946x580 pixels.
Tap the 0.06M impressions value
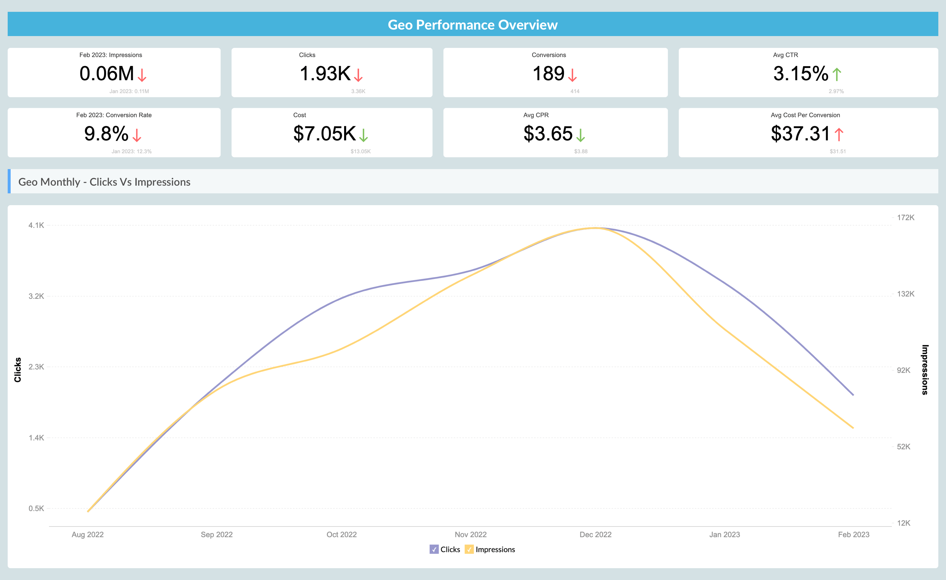[107, 73]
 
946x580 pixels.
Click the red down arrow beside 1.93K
[358, 75]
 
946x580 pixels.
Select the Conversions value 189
[548, 73]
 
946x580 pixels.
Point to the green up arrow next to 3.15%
[837, 74]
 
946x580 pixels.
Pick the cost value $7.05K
[324, 134]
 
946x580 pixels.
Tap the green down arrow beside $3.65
[581, 135]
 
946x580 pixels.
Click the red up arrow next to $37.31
[839, 134]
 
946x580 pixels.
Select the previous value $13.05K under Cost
[360, 151]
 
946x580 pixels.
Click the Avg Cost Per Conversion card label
[805, 115]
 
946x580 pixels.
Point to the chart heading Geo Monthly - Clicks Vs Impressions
[104, 182]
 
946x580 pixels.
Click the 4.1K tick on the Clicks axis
[36, 225]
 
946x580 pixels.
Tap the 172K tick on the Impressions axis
[905, 218]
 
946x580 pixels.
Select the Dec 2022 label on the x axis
[595, 534]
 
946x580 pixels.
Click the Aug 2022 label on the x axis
[88, 534]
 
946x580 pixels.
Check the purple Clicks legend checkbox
[434, 549]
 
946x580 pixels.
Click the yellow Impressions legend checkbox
[469, 549]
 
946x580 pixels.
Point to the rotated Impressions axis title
[925, 369]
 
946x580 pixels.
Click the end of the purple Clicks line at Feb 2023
[853, 395]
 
